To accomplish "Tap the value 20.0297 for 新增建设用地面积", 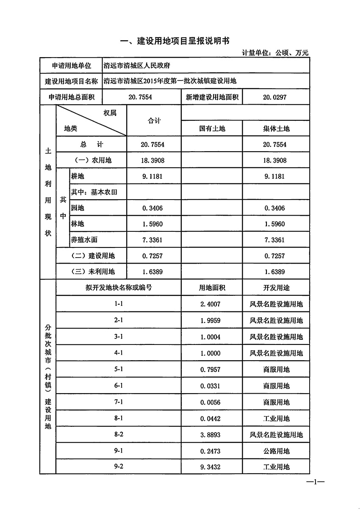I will coord(274,97).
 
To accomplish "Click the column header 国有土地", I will coord(212,128).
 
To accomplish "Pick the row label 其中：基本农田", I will coord(94,192).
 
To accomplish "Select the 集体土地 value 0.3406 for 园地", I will coord(274,208).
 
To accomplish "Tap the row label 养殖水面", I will coord(84,240).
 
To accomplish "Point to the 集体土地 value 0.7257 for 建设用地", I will coord(274,256).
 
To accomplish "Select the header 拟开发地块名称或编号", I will coord(119,288).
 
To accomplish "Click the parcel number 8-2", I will coord(119,435).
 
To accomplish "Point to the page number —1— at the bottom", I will coord(315,483).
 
